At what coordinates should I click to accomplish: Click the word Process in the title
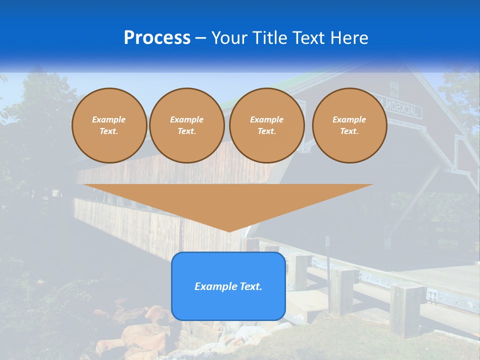coord(157,38)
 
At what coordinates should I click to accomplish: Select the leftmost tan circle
coord(109,125)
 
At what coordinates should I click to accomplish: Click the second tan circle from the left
coord(187,125)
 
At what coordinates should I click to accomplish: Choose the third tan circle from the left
coord(266,125)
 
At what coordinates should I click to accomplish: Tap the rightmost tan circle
coord(349,125)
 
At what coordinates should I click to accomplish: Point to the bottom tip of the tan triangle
coord(229,231)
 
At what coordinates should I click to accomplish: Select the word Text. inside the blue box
coord(250,286)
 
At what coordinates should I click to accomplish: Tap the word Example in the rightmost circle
coord(349,119)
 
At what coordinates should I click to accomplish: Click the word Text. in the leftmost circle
coord(109,131)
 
